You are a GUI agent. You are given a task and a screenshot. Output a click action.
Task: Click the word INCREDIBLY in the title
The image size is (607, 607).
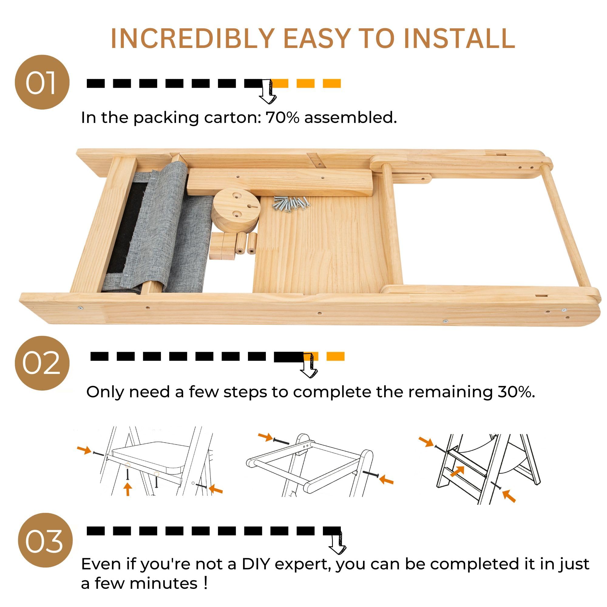193,38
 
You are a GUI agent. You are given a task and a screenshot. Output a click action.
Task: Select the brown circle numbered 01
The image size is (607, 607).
42,82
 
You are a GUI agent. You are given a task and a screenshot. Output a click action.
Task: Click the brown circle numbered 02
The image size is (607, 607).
42,363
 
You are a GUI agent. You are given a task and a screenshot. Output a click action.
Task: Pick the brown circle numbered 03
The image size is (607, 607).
45,540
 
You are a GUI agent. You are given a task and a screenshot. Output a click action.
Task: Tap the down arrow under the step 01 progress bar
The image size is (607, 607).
268,91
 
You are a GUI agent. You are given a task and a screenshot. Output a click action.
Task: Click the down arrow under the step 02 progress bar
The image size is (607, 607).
310,365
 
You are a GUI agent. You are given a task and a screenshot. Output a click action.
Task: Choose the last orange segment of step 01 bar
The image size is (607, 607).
332,83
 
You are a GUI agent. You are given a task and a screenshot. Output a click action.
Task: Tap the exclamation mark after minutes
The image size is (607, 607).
205,583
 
